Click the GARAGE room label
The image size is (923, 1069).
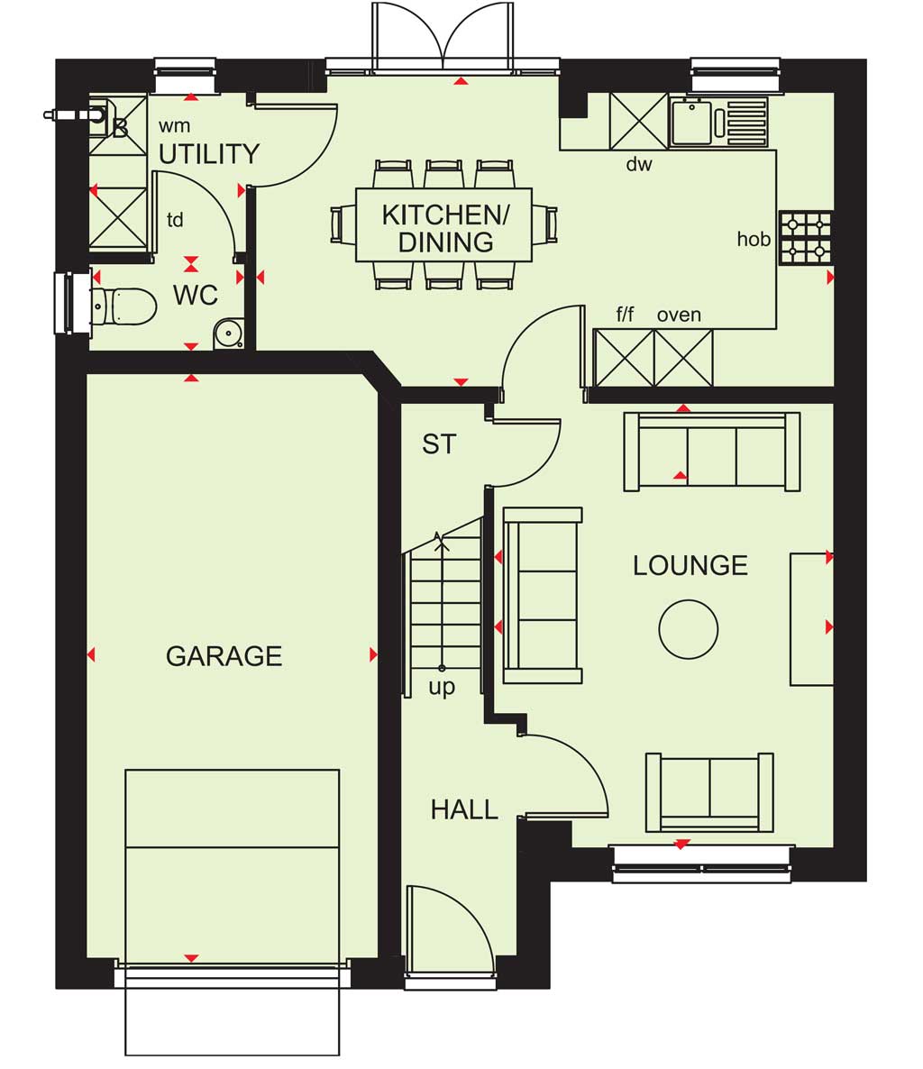pyautogui.click(x=224, y=656)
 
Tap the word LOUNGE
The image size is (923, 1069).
pyautogui.click(x=690, y=565)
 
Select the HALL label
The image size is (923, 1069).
pyautogui.click(x=464, y=809)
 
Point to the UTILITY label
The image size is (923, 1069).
pyautogui.click(x=208, y=153)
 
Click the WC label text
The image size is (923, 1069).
pyautogui.click(x=196, y=296)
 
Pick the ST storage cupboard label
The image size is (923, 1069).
pyautogui.click(x=438, y=444)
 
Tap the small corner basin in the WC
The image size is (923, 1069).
pyautogui.click(x=228, y=333)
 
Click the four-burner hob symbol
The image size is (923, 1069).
pyautogui.click(x=805, y=238)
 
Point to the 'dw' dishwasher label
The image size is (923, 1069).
pyautogui.click(x=639, y=164)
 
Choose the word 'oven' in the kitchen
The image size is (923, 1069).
pyautogui.click(x=679, y=315)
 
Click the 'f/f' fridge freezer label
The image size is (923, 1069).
pyautogui.click(x=625, y=314)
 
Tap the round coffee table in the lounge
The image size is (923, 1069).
pyautogui.click(x=688, y=628)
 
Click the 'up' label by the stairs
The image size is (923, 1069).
pyautogui.click(x=442, y=687)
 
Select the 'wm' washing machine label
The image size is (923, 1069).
pyautogui.click(x=175, y=126)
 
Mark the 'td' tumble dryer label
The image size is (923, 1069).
pyautogui.click(x=175, y=220)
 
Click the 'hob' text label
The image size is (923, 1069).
pyautogui.click(x=754, y=239)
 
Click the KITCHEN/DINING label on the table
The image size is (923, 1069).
pyautogui.click(x=445, y=228)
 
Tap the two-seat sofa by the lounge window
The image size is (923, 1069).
pyautogui.click(x=709, y=792)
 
